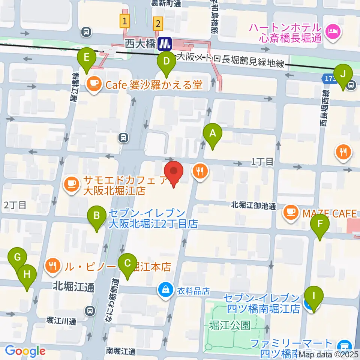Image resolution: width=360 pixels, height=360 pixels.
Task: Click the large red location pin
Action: coord(174,173)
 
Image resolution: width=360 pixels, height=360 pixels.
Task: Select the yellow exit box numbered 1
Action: coord(124,21)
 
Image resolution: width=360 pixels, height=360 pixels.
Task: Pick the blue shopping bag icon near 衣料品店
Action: coord(165,290)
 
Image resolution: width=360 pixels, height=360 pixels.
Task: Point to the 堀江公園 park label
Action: coord(230,324)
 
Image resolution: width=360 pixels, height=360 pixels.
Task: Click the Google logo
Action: coord(25,351)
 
